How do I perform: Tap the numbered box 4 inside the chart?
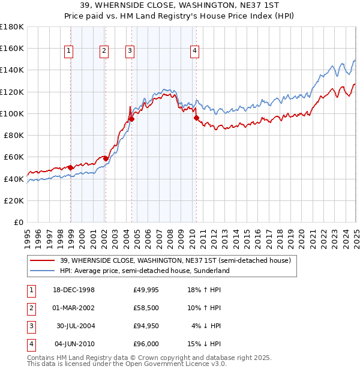pyautogui.click(x=195, y=52)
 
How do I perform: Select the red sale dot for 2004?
pyautogui.click(x=131, y=118)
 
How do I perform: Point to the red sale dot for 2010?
pyautogui.click(x=196, y=118)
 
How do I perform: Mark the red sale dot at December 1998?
pyautogui.click(x=70, y=167)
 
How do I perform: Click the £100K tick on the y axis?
pyautogui.click(x=12, y=113)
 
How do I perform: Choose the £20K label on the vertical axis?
pyautogui.click(x=14, y=200)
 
